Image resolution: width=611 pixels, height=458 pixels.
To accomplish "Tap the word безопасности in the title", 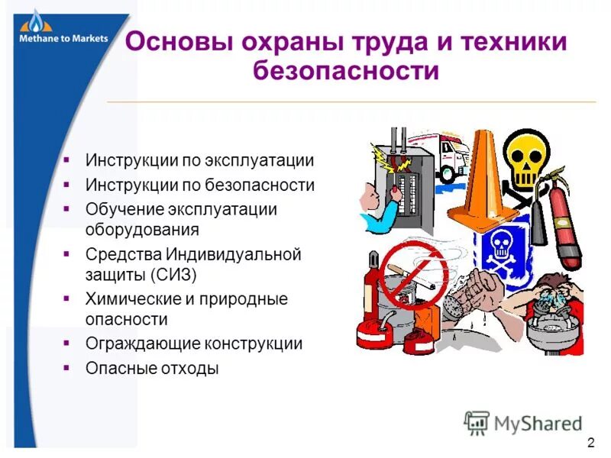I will [346, 73].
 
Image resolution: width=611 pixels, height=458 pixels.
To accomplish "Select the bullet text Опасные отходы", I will [153, 368].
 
